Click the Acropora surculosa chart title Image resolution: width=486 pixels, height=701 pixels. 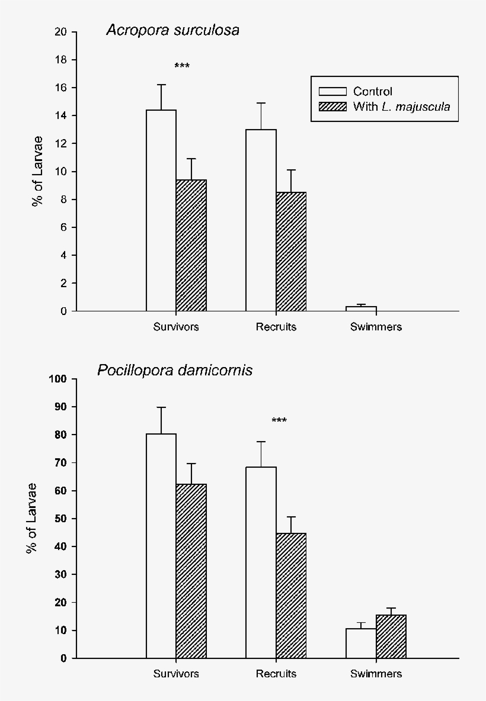click(x=172, y=30)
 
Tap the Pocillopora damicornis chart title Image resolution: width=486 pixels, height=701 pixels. click(x=175, y=371)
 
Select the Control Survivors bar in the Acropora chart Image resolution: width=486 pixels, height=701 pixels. click(x=161, y=210)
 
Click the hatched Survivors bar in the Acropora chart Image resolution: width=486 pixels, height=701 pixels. click(x=191, y=245)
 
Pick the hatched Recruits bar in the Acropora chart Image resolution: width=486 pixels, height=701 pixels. click(x=291, y=252)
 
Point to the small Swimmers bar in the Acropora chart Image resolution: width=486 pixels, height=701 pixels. click(x=362, y=308)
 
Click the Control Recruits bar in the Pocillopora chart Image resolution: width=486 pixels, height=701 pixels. click(x=261, y=562)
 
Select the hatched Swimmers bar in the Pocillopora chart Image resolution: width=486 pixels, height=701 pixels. click(x=391, y=636)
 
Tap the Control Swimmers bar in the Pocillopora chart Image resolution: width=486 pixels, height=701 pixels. click(x=362, y=644)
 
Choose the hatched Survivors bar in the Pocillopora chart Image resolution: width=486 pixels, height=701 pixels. click(x=191, y=571)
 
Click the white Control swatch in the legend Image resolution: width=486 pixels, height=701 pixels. click(x=332, y=92)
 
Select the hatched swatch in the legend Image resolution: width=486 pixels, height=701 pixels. click(x=332, y=107)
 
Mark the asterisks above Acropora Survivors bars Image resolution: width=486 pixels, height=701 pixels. click(x=182, y=66)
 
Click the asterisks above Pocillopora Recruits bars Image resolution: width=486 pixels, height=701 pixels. click(x=279, y=421)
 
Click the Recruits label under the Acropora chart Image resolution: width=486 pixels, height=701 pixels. click(x=276, y=327)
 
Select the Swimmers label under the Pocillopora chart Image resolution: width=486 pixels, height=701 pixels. click(x=376, y=674)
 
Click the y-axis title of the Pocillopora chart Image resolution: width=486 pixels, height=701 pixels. click(x=31, y=518)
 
